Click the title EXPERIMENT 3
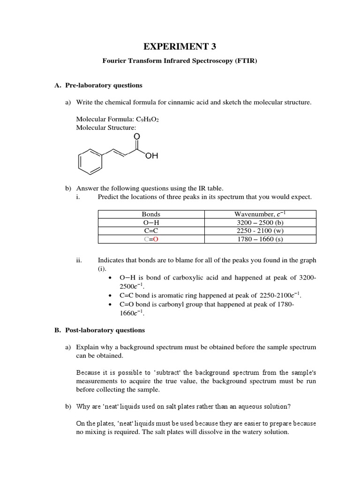click(x=180, y=46)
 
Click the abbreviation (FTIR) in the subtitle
click(x=243, y=61)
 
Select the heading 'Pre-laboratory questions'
click(x=103, y=85)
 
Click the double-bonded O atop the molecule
click(x=136, y=136)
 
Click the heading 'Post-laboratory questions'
click(x=105, y=330)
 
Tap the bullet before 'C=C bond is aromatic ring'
click(x=109, y=296)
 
